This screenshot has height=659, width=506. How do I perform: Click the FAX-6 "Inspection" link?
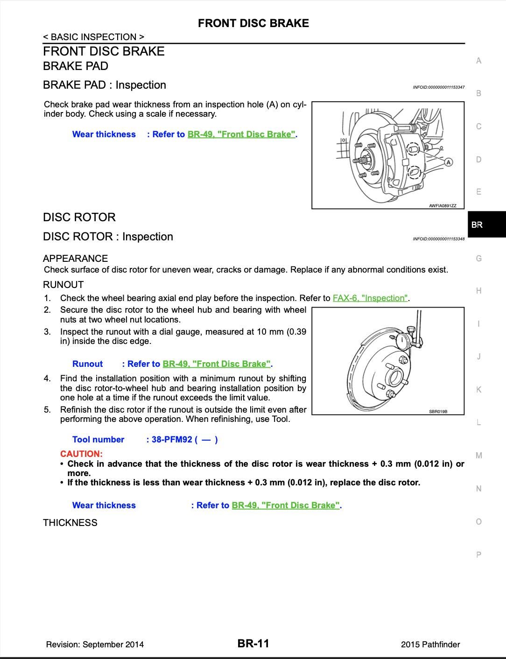[371, 298]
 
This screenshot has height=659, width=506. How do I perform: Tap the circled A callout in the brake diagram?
[448, 162]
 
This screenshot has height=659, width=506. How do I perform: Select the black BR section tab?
[486, 224]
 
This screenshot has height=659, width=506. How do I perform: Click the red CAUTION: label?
[81, 454]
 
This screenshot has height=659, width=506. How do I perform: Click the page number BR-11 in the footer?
[253, 644]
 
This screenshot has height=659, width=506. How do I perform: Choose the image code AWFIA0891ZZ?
[443, 206]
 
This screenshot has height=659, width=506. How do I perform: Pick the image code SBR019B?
[438, 412]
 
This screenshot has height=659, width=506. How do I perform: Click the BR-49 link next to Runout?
[217, 364]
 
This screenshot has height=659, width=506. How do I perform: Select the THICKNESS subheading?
[70, 523]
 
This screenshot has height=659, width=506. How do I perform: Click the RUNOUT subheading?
[63, 285]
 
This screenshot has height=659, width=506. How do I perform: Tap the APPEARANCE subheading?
[75, 259]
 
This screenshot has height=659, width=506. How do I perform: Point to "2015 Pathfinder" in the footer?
[430, 645]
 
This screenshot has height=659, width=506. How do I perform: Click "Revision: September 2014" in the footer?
[95, 645]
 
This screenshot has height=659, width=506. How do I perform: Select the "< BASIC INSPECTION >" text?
[93, 37]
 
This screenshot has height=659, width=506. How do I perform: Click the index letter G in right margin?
[478, 258]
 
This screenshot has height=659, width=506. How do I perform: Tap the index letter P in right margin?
[478, 555]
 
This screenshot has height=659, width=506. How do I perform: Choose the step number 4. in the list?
[47, 379]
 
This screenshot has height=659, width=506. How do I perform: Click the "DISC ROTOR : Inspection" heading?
[108, 237]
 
